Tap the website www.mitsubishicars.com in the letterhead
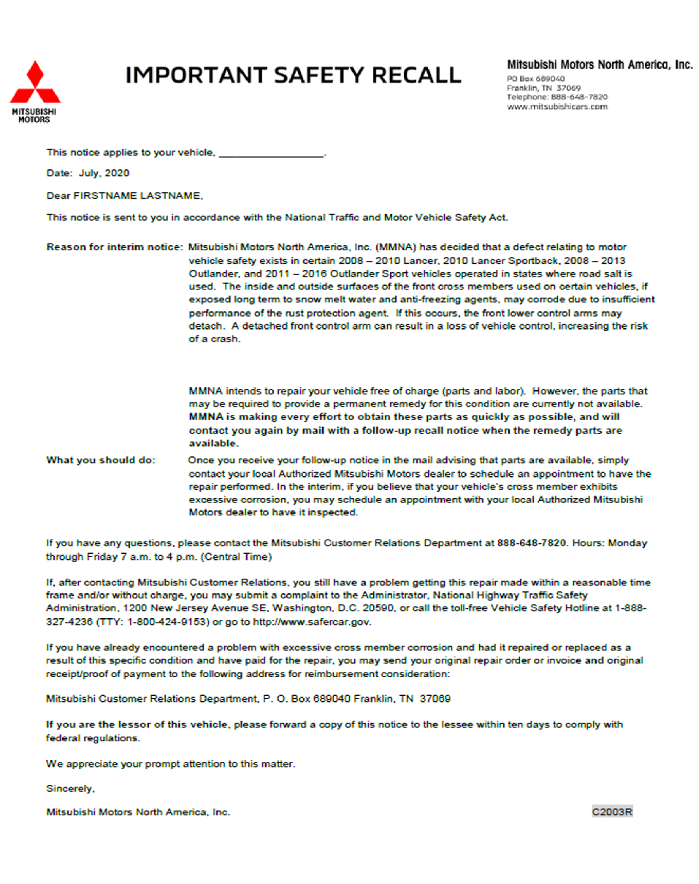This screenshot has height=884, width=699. point(557,107)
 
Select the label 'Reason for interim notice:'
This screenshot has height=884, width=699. point(114,247)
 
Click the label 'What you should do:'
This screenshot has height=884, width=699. point(101,460)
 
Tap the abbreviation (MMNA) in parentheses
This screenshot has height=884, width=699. point(396,247)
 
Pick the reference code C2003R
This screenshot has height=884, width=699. point(612,812)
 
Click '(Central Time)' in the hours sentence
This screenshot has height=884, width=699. point(236,557)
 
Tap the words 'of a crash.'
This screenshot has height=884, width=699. point(214,339)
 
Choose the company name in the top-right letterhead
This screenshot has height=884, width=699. point(600,65)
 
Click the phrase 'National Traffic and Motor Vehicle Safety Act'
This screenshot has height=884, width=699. point(396,218)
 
